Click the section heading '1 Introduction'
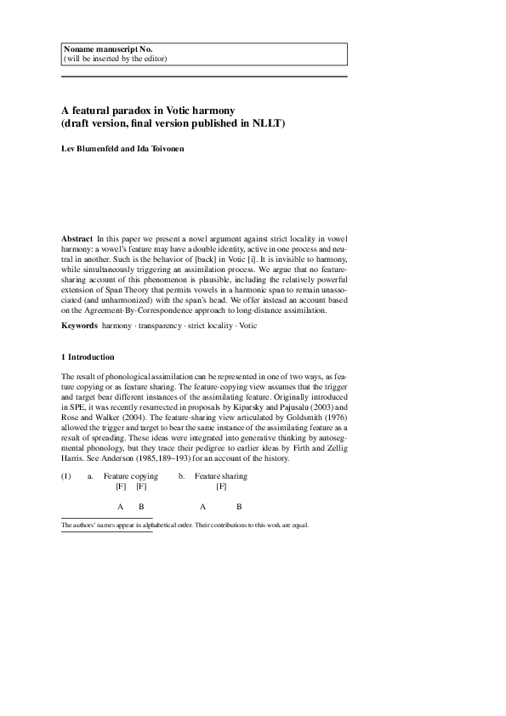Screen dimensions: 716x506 88,356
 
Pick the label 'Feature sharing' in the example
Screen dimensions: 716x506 220,476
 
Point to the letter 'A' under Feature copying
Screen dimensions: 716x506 121,507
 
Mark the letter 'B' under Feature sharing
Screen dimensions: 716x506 239,507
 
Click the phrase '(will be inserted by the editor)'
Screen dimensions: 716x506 115,58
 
